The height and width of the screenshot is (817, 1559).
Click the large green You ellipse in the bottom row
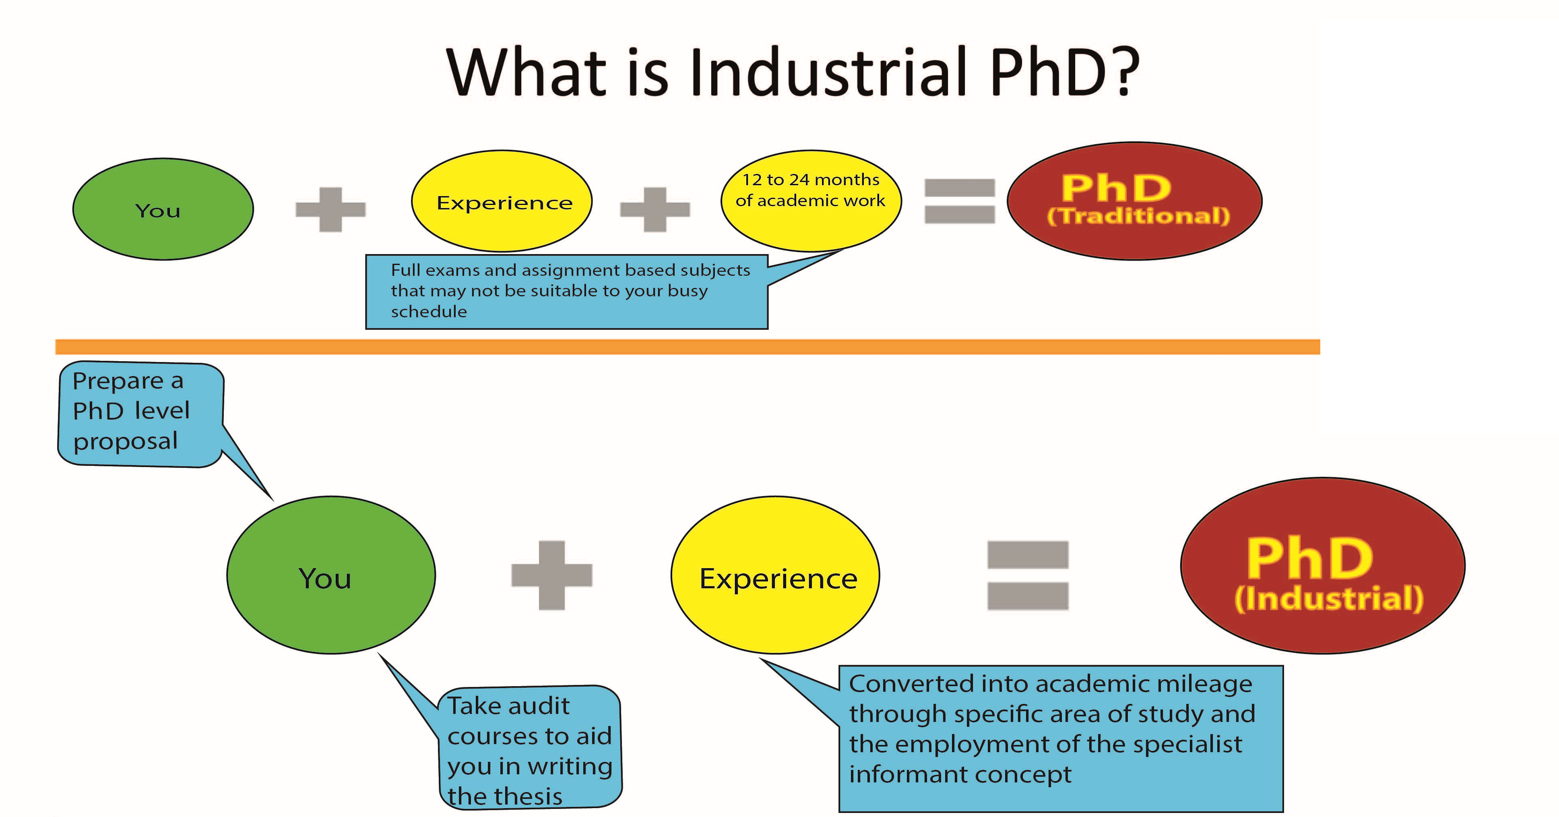(x=331, y=575)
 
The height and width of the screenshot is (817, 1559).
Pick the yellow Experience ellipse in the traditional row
(x=502, y=201)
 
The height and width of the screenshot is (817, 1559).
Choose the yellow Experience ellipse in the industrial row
(x=775, y=575)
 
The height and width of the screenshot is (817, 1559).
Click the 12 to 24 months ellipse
(x=811, y=201)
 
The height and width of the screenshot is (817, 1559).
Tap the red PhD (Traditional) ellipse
(x=1135, y=201)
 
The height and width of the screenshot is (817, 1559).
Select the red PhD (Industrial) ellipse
(x=1323, y=565)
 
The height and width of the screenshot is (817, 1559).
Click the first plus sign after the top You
(x=330, y=209)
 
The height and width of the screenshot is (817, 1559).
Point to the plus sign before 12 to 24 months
(x=655, y=209)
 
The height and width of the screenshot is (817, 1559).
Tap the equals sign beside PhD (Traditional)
(x=960, y=201)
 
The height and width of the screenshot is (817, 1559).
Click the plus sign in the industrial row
(x=552, y=575)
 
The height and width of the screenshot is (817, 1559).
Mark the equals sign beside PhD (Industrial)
(x=1028, y=575)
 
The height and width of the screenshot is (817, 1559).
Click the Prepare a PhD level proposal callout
(x=140, y=415)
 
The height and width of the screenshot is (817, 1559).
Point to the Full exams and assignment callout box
(x=566, y=292)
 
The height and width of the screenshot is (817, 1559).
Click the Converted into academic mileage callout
(x=1060, y=738)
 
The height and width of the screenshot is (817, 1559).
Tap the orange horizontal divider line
(x=688, y=347)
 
